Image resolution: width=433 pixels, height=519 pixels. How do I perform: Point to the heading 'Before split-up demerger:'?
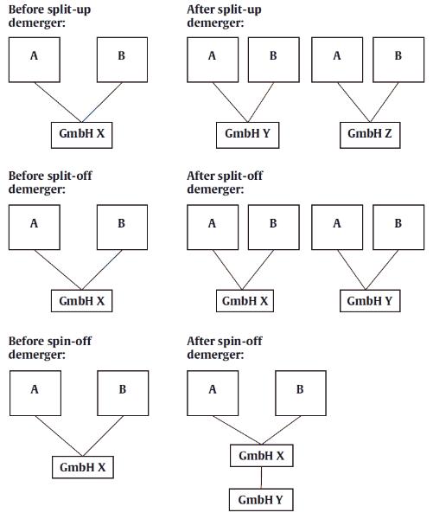[50, 16]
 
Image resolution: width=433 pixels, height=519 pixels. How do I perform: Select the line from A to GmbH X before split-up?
[59, 103]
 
